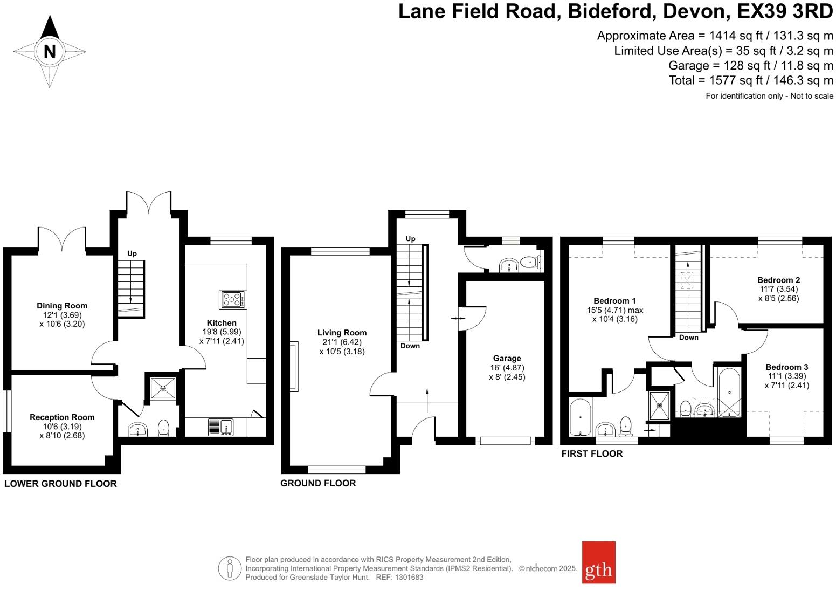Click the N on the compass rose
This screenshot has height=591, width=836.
click(50, 52)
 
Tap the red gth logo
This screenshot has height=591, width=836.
click(598, 562)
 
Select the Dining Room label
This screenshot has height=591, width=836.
click(62, 306)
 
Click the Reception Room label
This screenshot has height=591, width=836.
click(62, 417)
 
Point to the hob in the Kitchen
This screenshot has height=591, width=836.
click(232, 299)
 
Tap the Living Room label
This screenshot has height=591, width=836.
click(342, 333)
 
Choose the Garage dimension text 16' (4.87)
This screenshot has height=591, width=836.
click(507, 368)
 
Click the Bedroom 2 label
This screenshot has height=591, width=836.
click(778, 280)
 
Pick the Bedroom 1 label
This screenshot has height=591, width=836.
click(614, 301)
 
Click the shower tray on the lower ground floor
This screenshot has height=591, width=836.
click(163, 388)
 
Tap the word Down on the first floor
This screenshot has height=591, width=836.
click(688, 338)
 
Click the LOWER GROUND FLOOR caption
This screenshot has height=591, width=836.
click(60, 484)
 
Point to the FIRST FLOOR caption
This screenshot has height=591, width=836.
click(592, 454)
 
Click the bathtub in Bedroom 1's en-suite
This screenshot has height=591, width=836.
click(581, 417)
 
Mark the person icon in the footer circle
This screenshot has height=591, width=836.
click(230, 568)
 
